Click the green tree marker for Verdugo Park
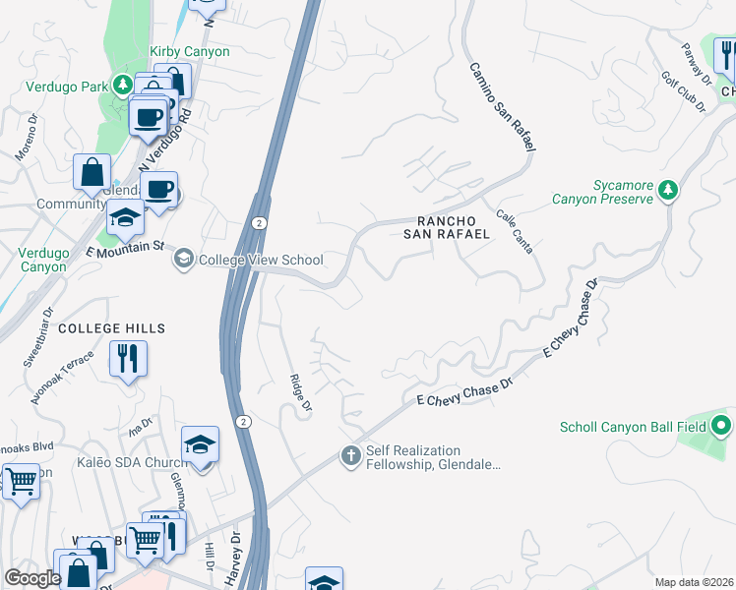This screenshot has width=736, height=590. click(x=122, y=85)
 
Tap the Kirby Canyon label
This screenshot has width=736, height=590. click(x=189, y=51)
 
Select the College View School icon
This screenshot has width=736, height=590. click(x=183, y=259)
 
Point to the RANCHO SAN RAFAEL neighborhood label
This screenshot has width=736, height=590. click(x=447, y=227)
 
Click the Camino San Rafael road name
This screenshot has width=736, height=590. click(x=501, y=106)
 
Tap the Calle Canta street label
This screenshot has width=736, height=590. click(x=515, y=231)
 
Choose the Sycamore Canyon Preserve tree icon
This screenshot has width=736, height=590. click(x=669, y=189)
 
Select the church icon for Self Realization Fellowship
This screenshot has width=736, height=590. click(x=349, y=455)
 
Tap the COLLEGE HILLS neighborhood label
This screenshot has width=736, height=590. click(x=111, y=327)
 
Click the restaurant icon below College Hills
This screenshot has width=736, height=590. click(x=129, y=358)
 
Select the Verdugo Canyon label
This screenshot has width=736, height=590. click(x=42, y=260)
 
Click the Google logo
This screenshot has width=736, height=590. click(x=32, y=578)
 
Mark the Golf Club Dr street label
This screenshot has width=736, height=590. click(x=683, y=92)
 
